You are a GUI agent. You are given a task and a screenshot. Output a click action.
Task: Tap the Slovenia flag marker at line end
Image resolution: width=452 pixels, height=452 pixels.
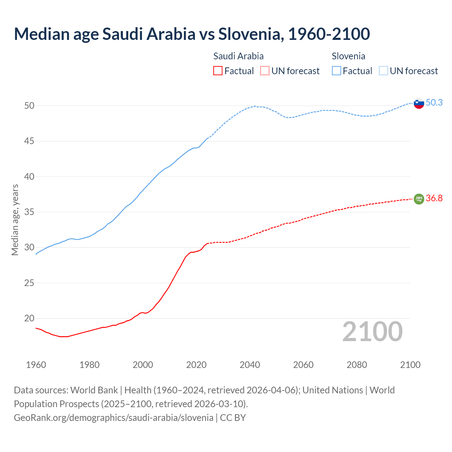click(x=418, y=103)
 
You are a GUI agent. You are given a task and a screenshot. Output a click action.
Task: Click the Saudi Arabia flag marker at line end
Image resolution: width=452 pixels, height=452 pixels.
click(x=418, y=199)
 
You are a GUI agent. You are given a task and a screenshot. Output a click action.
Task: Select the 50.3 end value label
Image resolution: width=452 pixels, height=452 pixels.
click(x=434, y=102)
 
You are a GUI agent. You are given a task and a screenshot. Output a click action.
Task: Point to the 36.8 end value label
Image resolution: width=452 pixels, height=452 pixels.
click(x=434, y=198)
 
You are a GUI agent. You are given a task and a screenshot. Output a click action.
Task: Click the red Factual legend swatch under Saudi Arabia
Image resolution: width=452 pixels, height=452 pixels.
click(x=218, y=71)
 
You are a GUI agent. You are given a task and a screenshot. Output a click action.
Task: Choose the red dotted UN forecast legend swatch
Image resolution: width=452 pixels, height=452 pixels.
click(x=265, y=71)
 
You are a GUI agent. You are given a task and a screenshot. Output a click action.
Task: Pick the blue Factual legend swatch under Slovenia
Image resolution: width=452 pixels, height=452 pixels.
click(x=337, y=71)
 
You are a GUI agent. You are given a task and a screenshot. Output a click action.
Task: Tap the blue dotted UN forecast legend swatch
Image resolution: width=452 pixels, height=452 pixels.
click(x=383, y=71)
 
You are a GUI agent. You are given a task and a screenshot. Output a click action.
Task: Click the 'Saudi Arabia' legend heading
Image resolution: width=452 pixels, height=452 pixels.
click(x=238, y=56)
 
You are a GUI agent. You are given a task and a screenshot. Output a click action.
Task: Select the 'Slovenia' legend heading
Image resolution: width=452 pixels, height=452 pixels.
click(x=348, y=56)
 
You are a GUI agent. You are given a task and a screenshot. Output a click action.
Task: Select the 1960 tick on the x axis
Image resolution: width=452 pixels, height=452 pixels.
click(x=36, y=365)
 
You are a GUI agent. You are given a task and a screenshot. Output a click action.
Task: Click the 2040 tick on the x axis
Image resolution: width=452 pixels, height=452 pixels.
click(x=250, y=365)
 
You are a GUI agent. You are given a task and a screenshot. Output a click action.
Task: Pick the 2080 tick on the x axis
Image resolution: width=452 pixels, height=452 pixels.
click(x=357, y=365)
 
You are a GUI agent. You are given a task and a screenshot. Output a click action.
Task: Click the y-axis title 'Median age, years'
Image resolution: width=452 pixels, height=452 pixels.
click(x=15, y=220)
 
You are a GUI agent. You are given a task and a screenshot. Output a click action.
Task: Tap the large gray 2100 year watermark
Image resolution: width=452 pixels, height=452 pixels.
click(x=372, y=332)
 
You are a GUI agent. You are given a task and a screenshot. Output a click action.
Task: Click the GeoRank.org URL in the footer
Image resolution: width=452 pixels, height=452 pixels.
click(x=113, y=418)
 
